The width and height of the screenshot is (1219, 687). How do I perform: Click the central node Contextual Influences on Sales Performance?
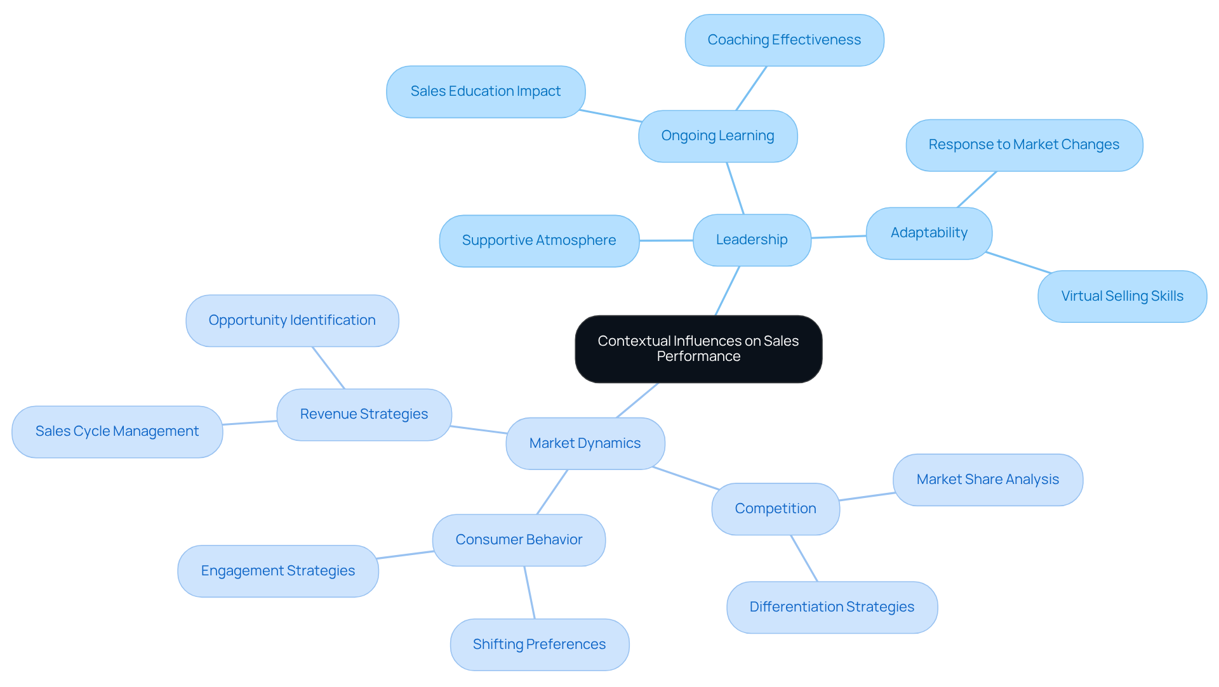coord(698,349)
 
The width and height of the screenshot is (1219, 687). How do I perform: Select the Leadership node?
coord(752,240)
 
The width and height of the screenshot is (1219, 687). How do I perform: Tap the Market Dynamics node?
coord(585,443)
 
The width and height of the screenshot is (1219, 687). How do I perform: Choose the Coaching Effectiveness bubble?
coord(784,40)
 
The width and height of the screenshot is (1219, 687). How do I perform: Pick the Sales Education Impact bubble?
coord(486,91)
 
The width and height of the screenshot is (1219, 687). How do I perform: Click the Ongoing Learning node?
coord(717,136)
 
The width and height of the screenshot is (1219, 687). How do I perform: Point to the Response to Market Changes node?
coord(1023,145)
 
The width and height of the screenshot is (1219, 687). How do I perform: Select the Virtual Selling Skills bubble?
coord(1122,296)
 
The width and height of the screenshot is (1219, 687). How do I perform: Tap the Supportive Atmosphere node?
coord(539,240)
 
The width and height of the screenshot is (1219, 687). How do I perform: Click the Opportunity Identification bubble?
coord(292,320)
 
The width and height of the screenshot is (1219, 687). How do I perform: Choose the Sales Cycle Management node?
coord(117,431)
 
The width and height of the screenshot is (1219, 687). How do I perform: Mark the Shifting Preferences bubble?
coord(539,644)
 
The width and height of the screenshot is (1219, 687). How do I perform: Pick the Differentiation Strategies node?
coord(832,607)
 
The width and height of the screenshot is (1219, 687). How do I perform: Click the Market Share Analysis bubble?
coord(987,480)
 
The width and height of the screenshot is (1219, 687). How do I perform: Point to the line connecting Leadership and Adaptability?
coord(839,237)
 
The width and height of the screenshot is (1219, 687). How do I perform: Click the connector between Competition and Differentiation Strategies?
coord(804,558)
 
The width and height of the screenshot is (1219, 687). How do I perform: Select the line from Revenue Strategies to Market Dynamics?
coord(479,430)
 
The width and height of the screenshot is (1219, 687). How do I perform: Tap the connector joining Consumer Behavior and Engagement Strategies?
coord(405,555)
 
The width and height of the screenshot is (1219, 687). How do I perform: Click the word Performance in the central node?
coord(698,357)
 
